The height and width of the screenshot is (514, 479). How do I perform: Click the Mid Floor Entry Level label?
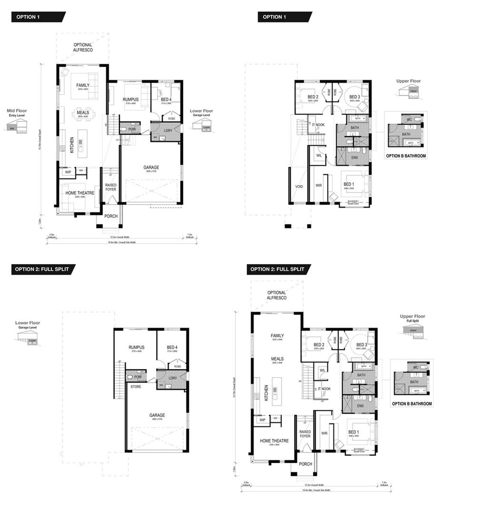pyautogui.click(x=17, y=113)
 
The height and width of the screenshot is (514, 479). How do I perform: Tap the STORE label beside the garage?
pyautogui.click(x=136, y=386)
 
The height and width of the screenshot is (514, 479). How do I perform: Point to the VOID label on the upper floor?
pyautogui.click(x=299, y=187)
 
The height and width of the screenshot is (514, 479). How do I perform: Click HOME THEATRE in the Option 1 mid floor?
pyautogui.click(x=79, y=193)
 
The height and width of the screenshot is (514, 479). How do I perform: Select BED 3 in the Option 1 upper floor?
pyautogui.click(x=355, y=97)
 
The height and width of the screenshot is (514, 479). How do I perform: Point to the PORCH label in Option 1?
pyautogui.click(x=111, y=216)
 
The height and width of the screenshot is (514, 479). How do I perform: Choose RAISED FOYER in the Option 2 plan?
pyautogui.click(x=305, y=434)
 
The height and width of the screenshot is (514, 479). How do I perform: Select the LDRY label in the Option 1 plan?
pyautogui.click(x=168, y=130)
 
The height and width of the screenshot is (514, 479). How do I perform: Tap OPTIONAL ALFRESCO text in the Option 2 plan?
pyautogui.click(x=276, y=295)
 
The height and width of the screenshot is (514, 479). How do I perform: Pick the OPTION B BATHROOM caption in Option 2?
pyautogui.click(x=412, y=404)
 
